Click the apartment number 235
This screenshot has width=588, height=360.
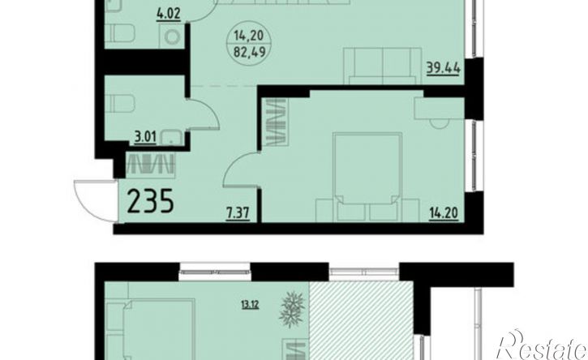point(150,201)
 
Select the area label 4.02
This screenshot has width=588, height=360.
point(169,14)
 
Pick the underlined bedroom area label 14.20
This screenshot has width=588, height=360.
point(444,214)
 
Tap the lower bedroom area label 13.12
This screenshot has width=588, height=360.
point(251,304)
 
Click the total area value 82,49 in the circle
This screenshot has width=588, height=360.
point(249,51)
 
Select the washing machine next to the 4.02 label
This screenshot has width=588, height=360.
point(172,36)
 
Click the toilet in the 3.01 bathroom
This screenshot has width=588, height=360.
point(120,104)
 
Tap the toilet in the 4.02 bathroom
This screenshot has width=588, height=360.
point(120,33)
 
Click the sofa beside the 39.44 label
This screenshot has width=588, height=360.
point(383,66)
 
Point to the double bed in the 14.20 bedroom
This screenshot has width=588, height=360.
point(367,176)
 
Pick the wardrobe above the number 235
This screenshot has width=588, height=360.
point(150,165)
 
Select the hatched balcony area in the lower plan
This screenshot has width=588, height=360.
point(361,319)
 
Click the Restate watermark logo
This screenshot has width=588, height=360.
point(542,345)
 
